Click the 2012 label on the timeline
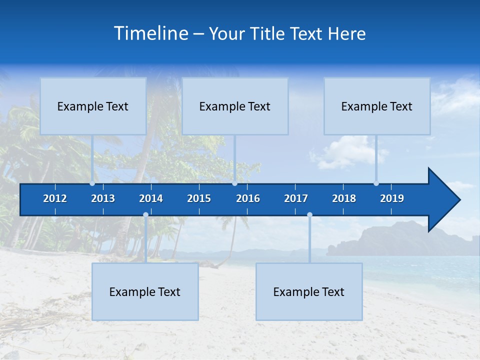(55, 198)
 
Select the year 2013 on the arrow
(103, 198)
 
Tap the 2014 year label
(151, 198)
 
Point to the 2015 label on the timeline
(199, 198)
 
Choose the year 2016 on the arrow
(248, 198)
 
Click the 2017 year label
(296, 198)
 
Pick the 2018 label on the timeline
(344, 198)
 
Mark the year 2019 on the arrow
(392, 198)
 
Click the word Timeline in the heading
(150, 33)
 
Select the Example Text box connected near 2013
(93, 106)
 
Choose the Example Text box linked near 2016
(235, 106)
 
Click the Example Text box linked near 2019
(377, 106)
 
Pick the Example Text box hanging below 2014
(145, 291)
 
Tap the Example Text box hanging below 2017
(309, 291)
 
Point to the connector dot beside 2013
(92, 183)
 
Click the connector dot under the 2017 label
(309, 215)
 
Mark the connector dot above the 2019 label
(376, 183)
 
